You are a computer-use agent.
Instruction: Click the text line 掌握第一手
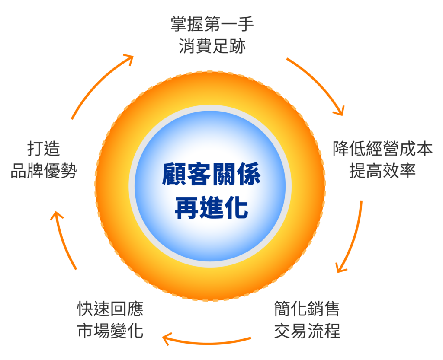point(212,24)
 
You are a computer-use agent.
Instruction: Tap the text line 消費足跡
point(212,45)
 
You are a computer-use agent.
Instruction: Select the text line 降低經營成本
point(382,149)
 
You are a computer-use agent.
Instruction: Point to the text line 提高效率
point(382,171)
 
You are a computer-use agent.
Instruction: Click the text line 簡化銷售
point(307,309)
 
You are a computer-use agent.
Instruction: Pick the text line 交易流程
point(307,331)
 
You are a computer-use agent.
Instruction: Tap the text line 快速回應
point(110,309)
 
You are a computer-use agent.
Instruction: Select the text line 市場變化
point(110,331)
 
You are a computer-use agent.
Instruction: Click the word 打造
point(43,150)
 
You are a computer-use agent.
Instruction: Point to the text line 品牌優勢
point(43,171)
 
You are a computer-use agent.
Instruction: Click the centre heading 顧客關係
point(212,175)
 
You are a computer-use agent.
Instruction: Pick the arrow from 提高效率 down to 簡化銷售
point(353,238)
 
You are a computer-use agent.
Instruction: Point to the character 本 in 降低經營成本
point(424,149)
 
